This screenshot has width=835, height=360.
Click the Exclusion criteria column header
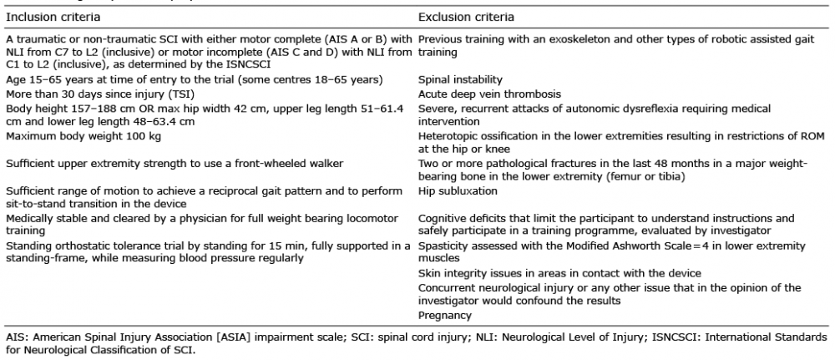[466, 16]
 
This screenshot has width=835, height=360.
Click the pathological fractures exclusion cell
[613, 170]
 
